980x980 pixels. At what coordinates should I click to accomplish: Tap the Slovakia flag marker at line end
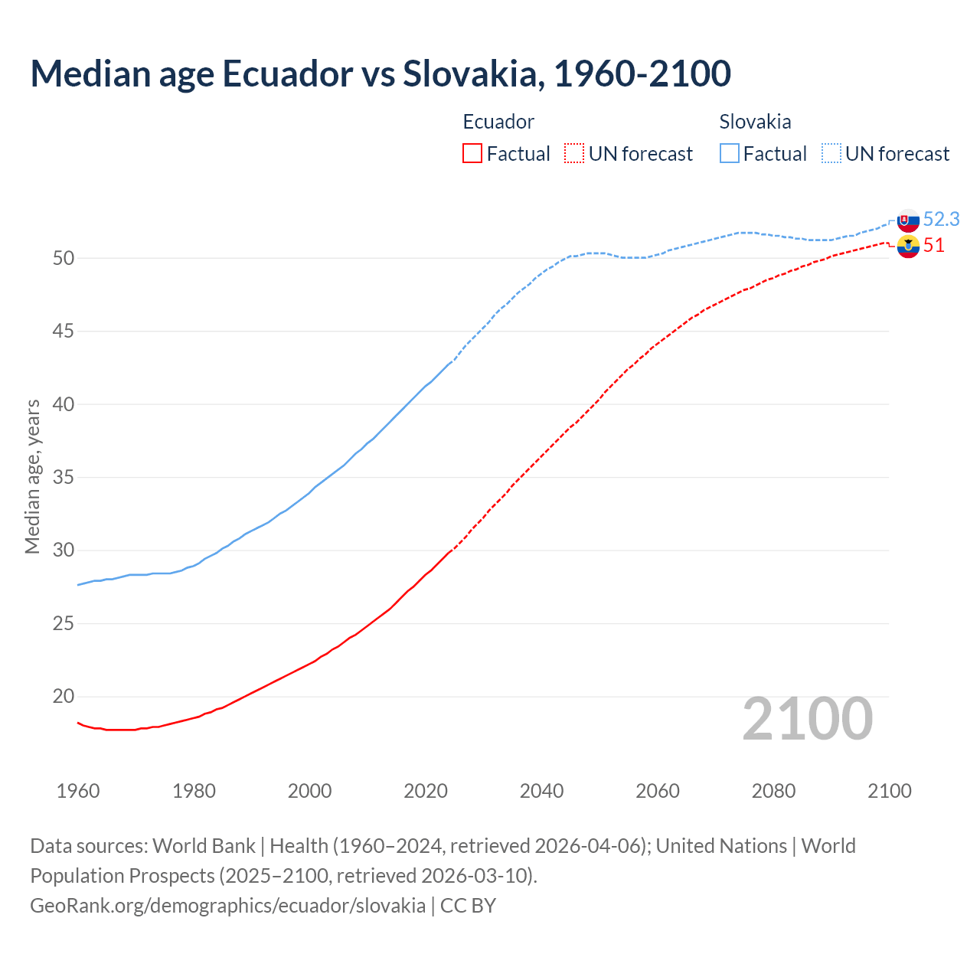click(908, 220)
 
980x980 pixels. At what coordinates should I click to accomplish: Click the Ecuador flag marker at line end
click(908, 247)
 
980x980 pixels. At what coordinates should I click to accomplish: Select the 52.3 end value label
click(941, 220)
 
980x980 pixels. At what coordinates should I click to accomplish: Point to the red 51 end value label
click(933, 246)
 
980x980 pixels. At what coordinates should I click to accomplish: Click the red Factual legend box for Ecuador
click(472, 154)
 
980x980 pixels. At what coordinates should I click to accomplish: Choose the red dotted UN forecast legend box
click(574, 154)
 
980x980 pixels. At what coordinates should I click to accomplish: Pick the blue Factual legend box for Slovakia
click(730, 154)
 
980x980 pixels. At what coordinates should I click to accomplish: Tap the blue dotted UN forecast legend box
click(831, 154)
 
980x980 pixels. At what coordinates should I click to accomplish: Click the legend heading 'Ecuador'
click(498, 122)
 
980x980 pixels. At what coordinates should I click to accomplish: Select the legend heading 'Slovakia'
click(755, 122)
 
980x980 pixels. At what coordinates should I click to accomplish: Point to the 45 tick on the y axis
click(64, 332)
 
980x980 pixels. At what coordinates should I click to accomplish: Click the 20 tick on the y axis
click(64, 697)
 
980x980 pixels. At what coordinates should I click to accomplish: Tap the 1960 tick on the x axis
click(78, 791)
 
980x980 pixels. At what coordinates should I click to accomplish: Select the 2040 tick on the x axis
click(541, 791)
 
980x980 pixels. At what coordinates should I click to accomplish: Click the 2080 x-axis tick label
click(773, 791)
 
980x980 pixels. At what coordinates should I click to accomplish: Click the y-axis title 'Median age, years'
click(32, 476)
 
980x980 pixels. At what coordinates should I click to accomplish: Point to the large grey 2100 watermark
click(808, 719)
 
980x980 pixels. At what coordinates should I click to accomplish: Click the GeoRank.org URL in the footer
click(227, 906)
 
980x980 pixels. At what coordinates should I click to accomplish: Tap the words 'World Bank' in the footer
click(204, 846)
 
